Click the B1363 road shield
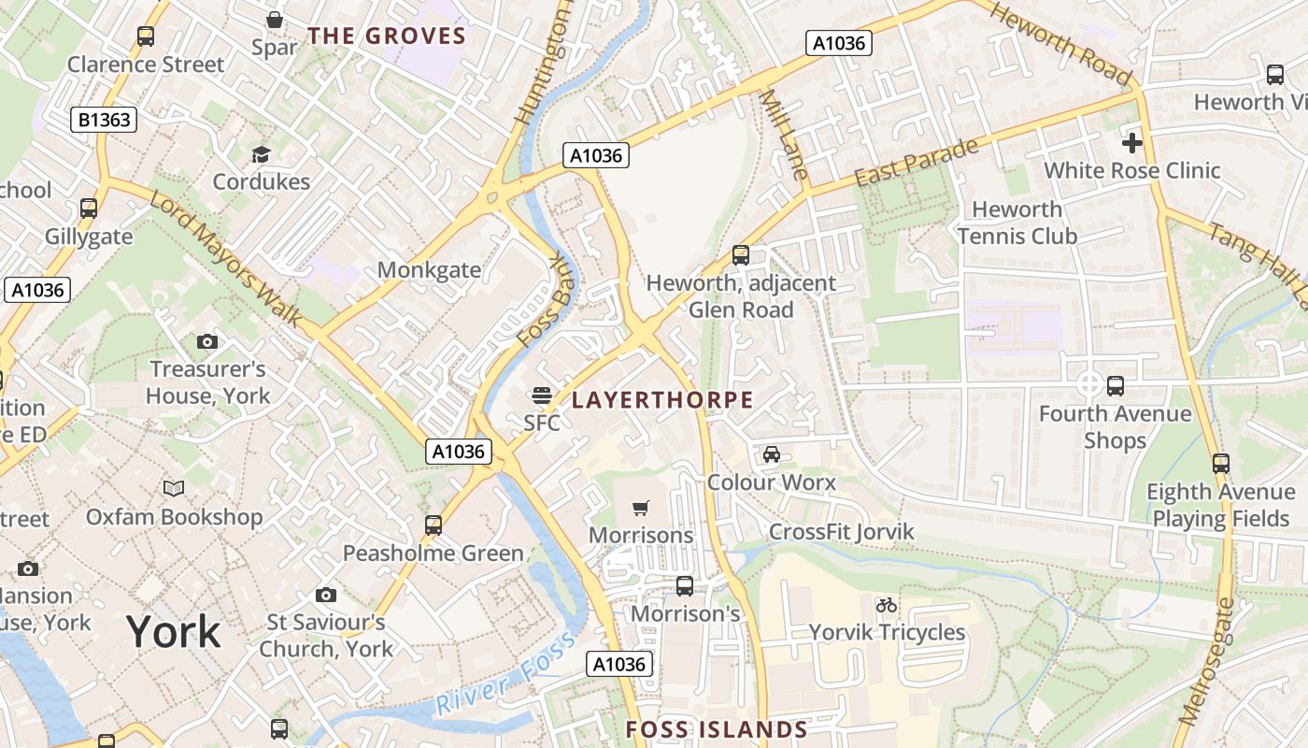tap(105, 120)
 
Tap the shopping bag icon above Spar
tap(275, 20)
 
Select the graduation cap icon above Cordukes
tap(261, 154)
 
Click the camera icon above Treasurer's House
tap(207, 342)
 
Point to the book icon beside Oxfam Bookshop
tap(174, 488)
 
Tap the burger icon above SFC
tap(541, 396)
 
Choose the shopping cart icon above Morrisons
tap(641, 508)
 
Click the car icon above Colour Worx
tap(772, 454)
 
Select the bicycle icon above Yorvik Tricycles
tap(887, 605)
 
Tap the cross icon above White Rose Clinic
tap(1132, 143)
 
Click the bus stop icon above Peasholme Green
tap(434, 525)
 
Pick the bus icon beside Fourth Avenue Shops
tap(1116, 385)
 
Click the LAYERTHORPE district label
tap(662, 400)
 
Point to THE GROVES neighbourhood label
tap(387, 36)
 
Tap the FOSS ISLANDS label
tap(717, 729)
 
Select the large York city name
tap(174, 632)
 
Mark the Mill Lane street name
tap(782, 135)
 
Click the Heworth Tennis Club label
tap(1017, 223)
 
